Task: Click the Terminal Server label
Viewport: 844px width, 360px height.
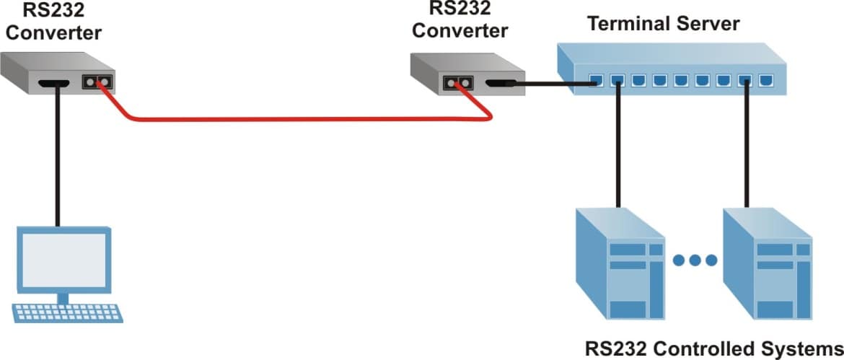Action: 663,24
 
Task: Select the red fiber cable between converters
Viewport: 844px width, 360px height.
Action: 303,118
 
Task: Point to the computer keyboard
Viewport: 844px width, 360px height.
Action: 66,312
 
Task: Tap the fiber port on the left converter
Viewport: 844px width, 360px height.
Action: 98,82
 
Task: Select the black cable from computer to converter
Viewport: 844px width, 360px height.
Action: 56,159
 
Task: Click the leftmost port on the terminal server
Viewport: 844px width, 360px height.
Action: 596,80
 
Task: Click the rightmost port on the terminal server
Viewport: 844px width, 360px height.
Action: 766,81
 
